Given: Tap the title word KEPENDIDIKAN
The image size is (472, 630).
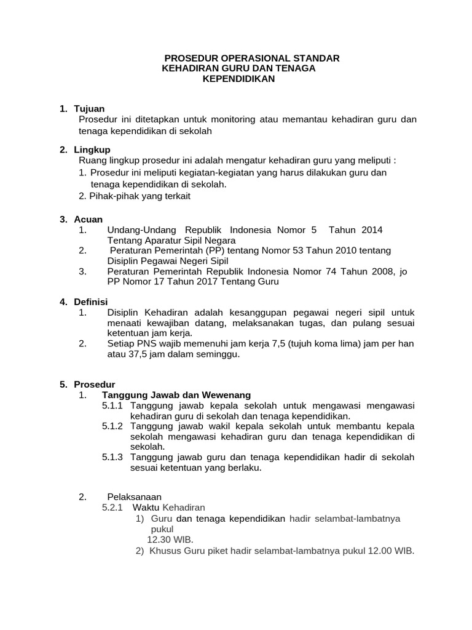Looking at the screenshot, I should (x=239, y=79).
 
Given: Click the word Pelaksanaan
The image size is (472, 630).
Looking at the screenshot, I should (x=134, y=496).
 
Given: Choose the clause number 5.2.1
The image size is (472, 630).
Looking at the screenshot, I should (x=112, y=508).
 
